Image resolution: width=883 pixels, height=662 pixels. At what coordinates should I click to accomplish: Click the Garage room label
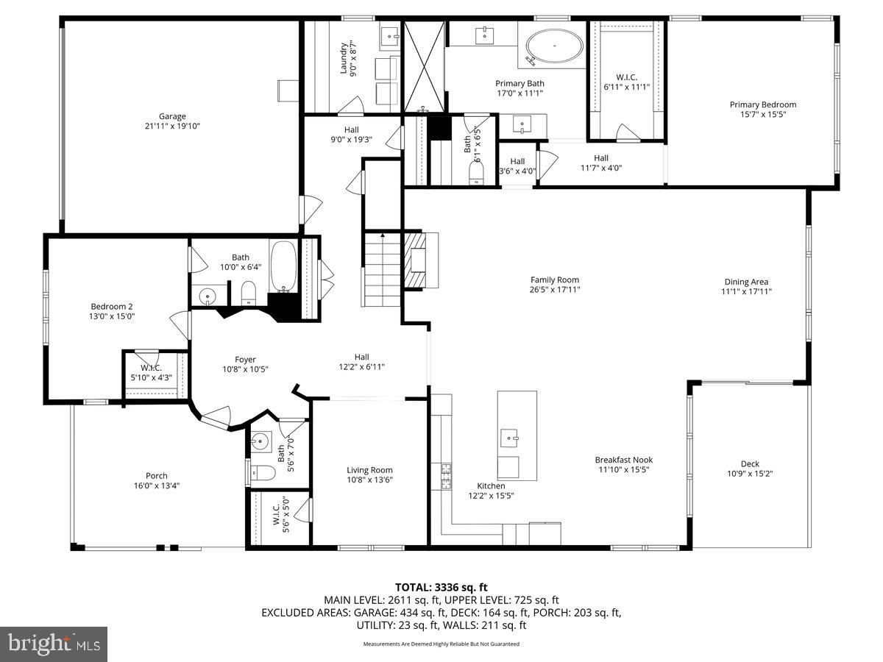172,116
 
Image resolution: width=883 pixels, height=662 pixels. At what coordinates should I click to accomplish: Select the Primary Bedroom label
762,104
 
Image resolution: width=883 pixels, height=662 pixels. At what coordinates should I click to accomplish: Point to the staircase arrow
382,236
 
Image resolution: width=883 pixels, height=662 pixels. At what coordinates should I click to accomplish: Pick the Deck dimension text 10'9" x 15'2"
750,474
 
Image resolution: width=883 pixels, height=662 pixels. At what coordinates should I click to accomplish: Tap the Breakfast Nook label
623,460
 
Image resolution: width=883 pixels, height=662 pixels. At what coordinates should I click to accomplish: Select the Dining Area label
746,282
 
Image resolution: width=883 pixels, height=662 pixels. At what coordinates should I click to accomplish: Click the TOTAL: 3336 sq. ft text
441,587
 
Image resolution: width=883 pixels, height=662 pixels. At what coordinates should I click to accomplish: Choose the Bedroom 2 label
112,307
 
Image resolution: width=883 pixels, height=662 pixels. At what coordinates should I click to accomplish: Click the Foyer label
245,359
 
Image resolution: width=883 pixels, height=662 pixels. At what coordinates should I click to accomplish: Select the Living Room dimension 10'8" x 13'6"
370,480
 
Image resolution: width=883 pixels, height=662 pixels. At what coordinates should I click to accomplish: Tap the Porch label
156,476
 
